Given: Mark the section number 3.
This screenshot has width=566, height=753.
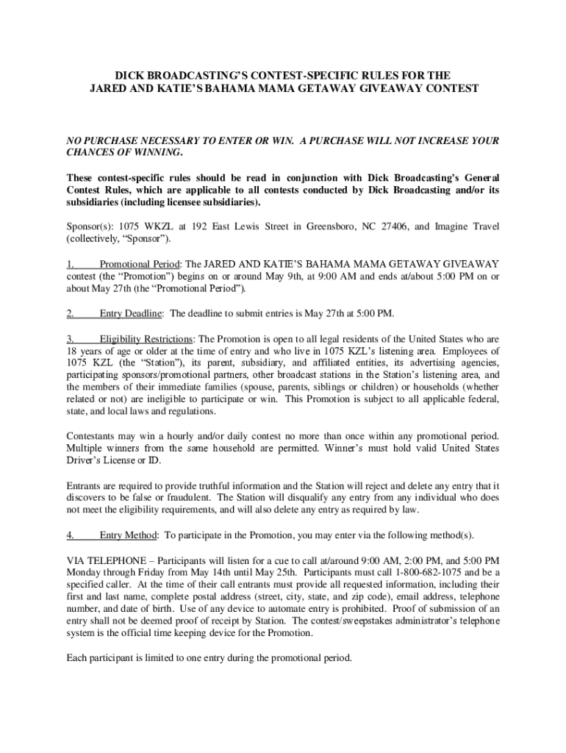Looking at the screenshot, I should (71, 338).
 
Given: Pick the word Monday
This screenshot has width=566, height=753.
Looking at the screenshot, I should (86, 571).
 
